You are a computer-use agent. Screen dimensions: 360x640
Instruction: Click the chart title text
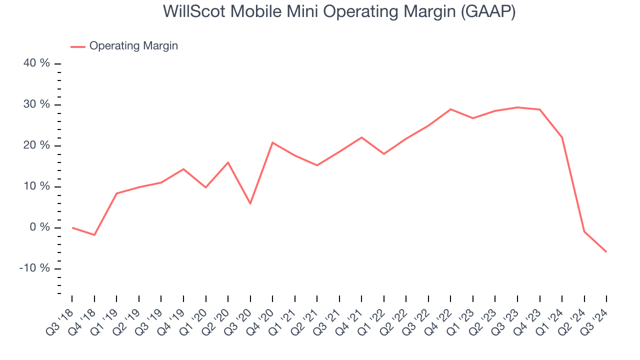pyautogui.click(x=339, y=11)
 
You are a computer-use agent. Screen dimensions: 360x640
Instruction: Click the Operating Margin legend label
pyautogui.click(x=133, y=46)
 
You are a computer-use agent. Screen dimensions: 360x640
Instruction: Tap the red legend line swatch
pyautogui.click(x=78, y=46)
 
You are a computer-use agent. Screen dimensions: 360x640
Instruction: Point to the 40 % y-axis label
pyautogui.click(x=37, y=63)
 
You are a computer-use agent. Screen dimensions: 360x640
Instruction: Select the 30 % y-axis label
pyautogui.click(x=37, y=104)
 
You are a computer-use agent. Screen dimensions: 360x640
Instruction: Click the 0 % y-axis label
pyautogui.click(x=40, y=227)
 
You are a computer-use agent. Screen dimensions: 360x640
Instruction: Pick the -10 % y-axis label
pyautogui.click(x=35, y=268)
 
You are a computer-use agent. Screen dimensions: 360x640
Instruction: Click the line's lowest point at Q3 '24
pyautogui.click(x=606, y=251)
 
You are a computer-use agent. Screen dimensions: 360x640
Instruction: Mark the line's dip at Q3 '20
pyautogui.click(x=250, y=203)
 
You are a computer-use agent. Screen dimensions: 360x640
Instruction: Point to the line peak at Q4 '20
pyautogui.click(x=272, y=142)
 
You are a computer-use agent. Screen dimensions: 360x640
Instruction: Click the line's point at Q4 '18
pyautogui.click(x=94, y=235)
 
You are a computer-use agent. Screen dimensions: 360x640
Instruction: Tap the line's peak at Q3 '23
pyautogui.click(x=517, y=107)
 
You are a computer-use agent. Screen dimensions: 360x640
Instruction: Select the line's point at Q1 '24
pyautogui.click(x=562, y=137)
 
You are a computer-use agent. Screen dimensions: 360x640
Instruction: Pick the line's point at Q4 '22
pyautogui.click(x=450, y=109)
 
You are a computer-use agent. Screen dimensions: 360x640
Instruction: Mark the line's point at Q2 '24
pyautogui.click(x=584, y=231)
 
